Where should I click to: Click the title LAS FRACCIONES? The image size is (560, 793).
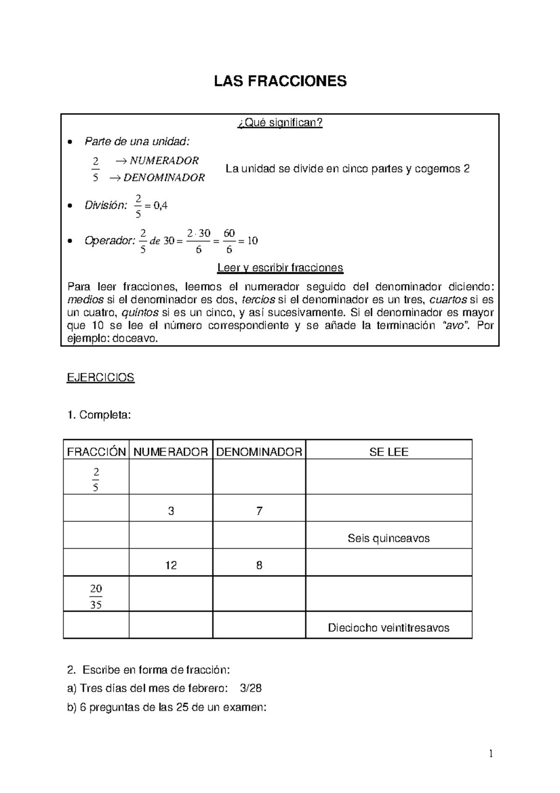tap(280, 81)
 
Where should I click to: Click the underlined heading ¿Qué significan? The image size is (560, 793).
tap(280, 123)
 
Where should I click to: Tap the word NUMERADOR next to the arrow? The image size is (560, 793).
tap(164, 161)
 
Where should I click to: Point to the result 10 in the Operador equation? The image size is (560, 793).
tap(252, 241)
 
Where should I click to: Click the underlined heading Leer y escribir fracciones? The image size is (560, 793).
tap(280, 268)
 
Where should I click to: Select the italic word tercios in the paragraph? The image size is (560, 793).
tap(261, 300)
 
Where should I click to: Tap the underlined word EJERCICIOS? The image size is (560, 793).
tap(101, 377)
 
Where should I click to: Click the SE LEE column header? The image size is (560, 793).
tap(388, 452)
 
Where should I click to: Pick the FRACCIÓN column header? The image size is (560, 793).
tap(96, 452)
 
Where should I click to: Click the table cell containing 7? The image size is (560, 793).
tap(259, 511)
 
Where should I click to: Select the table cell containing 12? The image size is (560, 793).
tap(171, 566)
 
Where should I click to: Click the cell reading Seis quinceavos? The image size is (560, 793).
tap(388, 538)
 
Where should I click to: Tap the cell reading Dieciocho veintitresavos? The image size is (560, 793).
tap(388, 628)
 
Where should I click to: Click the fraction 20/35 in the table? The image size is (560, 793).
tap(96, 596)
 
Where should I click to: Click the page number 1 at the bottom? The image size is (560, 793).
tap(491, 753)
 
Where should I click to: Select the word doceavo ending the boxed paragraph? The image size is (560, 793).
tap(140, 339)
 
